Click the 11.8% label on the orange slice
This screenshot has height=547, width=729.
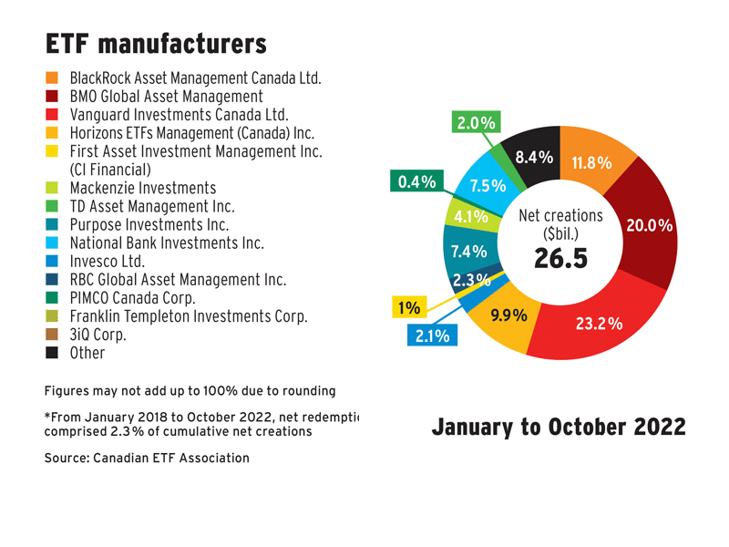[x=591, y=164]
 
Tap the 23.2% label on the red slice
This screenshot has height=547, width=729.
[x=599, y=323]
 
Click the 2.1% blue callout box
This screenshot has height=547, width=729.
[x=432, y=336]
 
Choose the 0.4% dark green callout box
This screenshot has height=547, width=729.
[x=414, y=182]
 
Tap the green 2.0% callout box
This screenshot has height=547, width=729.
[x=476, y=122]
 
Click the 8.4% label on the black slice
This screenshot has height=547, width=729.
[x=534, y=158]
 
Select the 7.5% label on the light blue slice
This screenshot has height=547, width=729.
[x=488, y=186]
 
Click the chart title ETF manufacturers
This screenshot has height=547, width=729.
[x=155, y=43]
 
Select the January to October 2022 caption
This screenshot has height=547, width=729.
[x=559, y=427]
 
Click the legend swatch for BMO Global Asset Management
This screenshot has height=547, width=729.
[x=52, y=96]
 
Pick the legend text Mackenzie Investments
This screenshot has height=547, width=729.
[x=143, y=187]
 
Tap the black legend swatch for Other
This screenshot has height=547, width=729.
[x=52, y=352]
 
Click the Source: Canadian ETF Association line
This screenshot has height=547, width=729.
[x=147, y=457]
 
